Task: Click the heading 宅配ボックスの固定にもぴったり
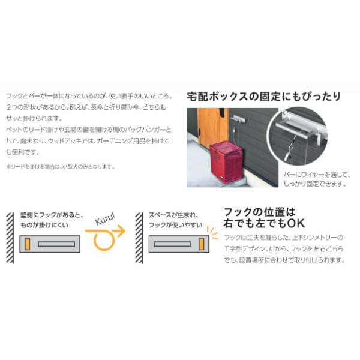pyautogui.click(x=264, y=95)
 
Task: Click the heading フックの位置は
pyautogui.click(x=260, y=212)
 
